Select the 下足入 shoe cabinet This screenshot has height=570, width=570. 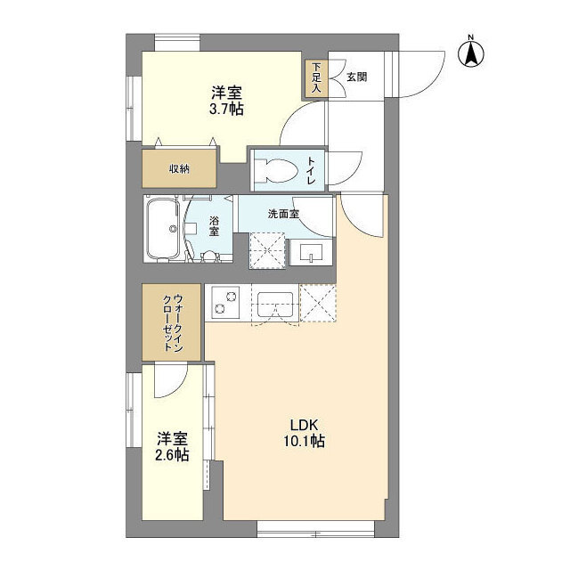[x=317, y=78]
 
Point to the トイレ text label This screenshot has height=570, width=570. [x=312, y=168]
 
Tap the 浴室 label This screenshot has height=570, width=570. [x=215, y=225]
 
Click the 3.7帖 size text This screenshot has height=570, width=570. [x=227, y=110]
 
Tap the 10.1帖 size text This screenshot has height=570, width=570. [x=304, y=442]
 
